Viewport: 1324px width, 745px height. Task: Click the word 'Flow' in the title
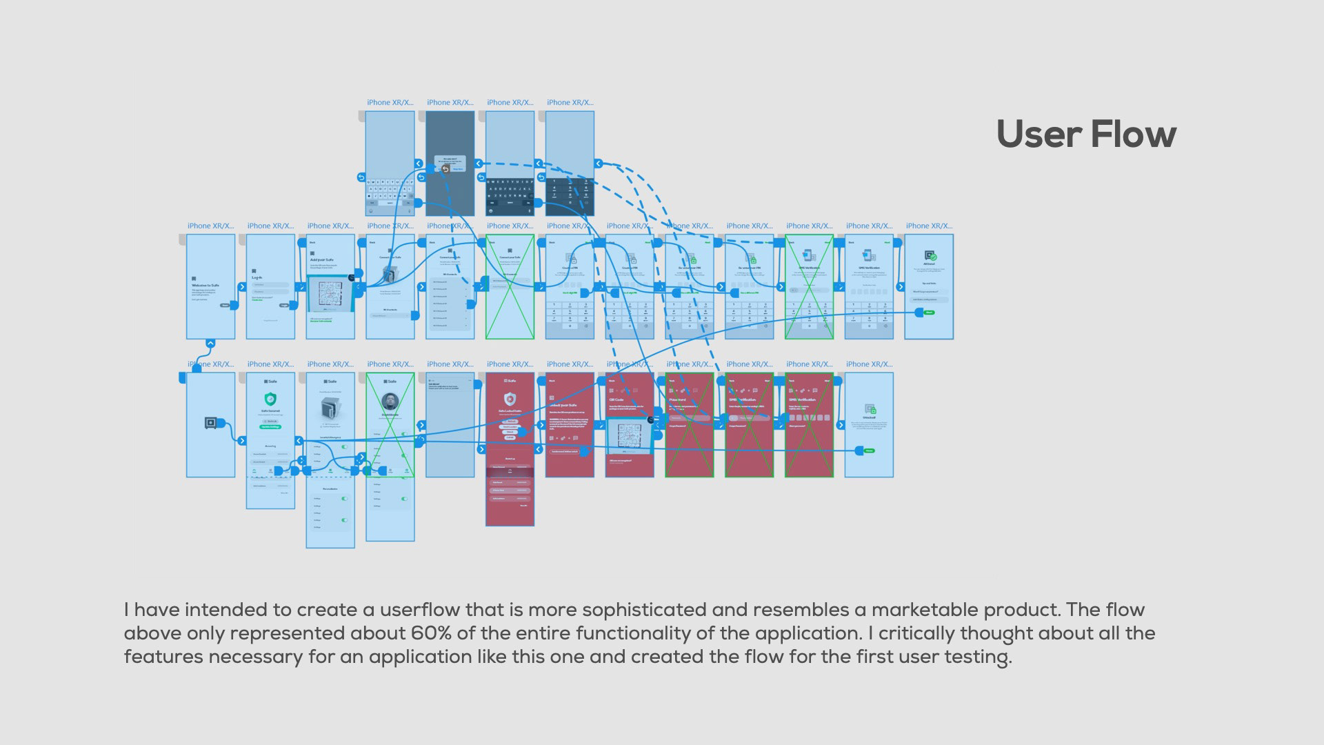click(x=1133, y=134)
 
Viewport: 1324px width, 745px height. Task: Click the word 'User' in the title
click(x=1039, y=134)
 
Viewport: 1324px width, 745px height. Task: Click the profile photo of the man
click(x=390, y=401)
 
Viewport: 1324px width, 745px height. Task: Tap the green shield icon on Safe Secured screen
click(x=270, y=399)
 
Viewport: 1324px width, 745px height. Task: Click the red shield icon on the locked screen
click(x=510, y=399)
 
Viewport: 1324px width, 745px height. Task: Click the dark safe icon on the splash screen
click(x=210, y=423)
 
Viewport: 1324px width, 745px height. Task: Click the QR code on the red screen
click(x=630, y=435)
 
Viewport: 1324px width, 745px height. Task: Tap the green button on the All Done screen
click(x=929, y=312)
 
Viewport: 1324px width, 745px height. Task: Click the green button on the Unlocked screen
click(x=869, y=450)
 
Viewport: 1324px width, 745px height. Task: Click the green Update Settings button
click(x=270, y=426)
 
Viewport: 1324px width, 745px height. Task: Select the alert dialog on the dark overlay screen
click(x=450, y=163)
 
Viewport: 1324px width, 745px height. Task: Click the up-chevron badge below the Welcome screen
click(x=210, y=343)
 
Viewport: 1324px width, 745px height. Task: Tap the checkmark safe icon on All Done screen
click(x=930, y=256)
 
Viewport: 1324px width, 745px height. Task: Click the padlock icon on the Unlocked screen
click(x=870, y=409)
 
